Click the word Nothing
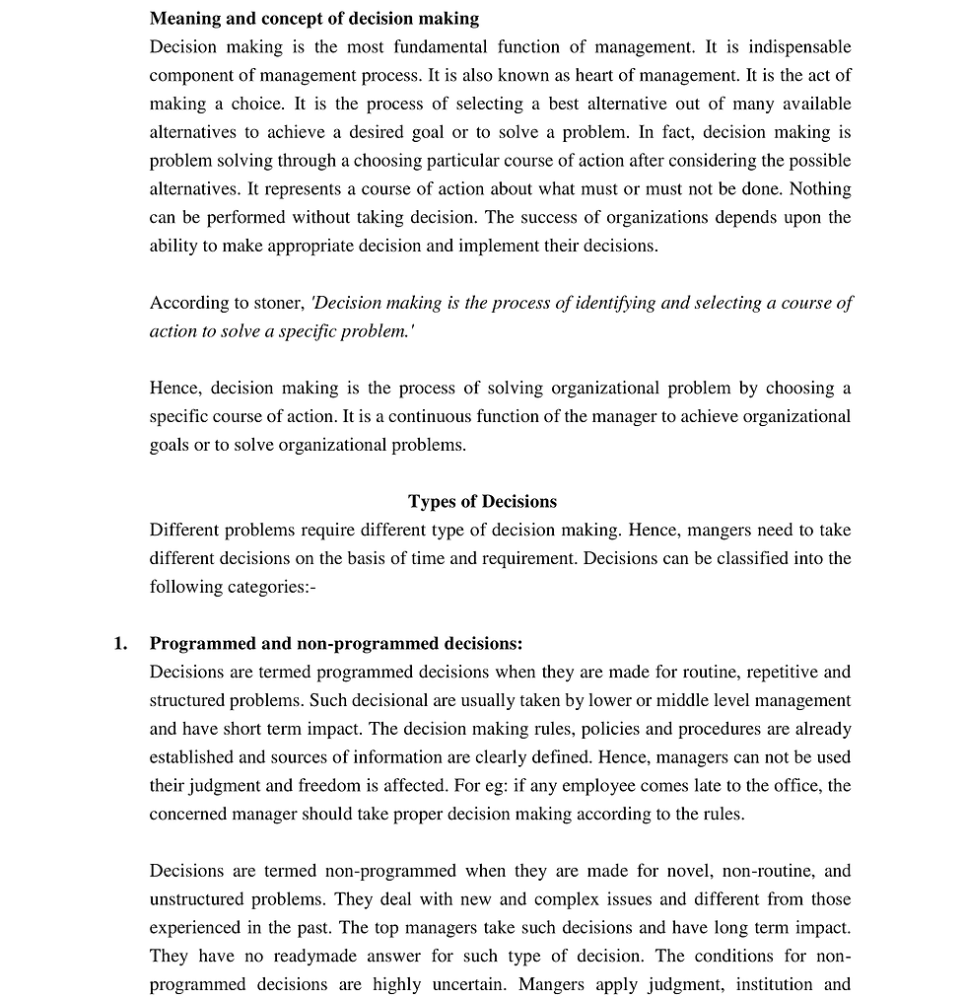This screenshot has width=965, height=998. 821,188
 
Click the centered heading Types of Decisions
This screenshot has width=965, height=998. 482,501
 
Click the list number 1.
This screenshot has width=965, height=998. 120,644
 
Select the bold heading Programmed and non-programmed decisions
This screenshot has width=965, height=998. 335,644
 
